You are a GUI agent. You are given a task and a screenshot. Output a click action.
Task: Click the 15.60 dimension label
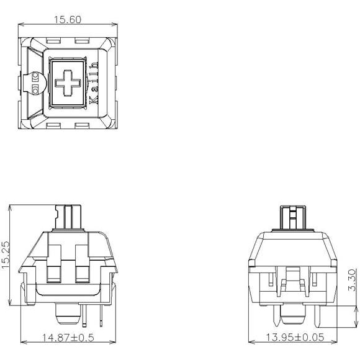pos(68,19)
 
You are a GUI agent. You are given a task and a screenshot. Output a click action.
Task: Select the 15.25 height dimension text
pos(6,254)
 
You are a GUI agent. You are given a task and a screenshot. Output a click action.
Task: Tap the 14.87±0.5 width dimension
pos(68,338)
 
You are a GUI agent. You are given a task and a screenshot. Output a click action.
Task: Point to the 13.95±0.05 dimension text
pos(295,337)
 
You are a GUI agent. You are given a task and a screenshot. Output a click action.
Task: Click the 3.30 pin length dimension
pos(351,280)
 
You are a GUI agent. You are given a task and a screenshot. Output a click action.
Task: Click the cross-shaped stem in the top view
pos(68,83)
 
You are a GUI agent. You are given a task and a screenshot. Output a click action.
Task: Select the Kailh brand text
pos(94,83)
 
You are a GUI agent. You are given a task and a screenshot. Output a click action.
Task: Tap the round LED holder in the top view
pos(35,83)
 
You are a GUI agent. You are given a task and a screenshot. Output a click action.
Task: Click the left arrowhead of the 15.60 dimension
pos(21,24)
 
